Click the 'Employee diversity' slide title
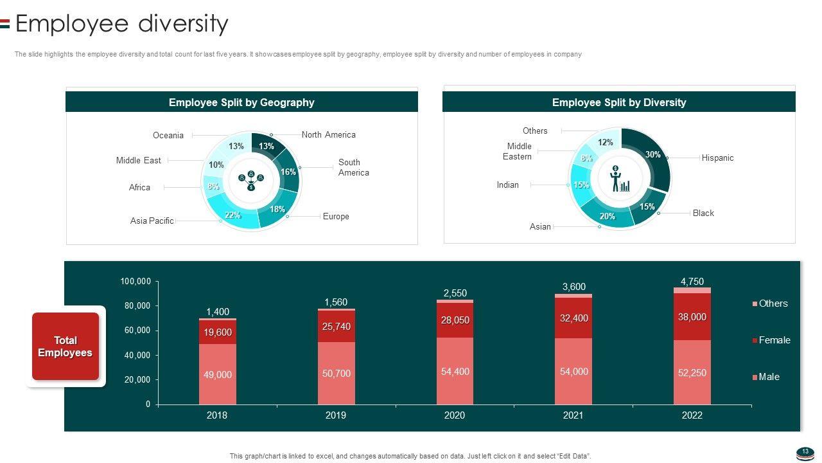pyautogui.click(x=121, y=24)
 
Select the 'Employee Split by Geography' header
pyautogui.click(x=241, y=102)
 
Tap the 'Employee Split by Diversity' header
pyautogui.click(x=618, y=102)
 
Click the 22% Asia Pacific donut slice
pyautogui.click(x=232, y=215)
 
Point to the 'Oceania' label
pyautogui.click(x=168, y=136)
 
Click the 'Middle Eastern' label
pyautogui.click(x=518, y=151)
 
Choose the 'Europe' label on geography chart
pyautogui.click(x=336, y=217)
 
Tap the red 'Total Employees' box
pyautogui.click(x=66, y=347)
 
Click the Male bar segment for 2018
pyautogui.click(x=218, y=374)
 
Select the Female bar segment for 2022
pyautogui.click(x=692, y=317)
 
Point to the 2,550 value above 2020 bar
pyautogui.click(x=455, y=293)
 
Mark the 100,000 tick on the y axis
pyautogui.click(x=136, y=282)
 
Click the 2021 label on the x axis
pyautogui.click(x=573, y=415)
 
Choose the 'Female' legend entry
pyautogui.click(x=774, y=340)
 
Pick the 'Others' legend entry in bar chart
pyautogui.click(x=773, y=304)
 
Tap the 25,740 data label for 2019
pyautogui.click(x=336, y=327)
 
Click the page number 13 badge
pyautogui.click(x=805, y=452)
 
